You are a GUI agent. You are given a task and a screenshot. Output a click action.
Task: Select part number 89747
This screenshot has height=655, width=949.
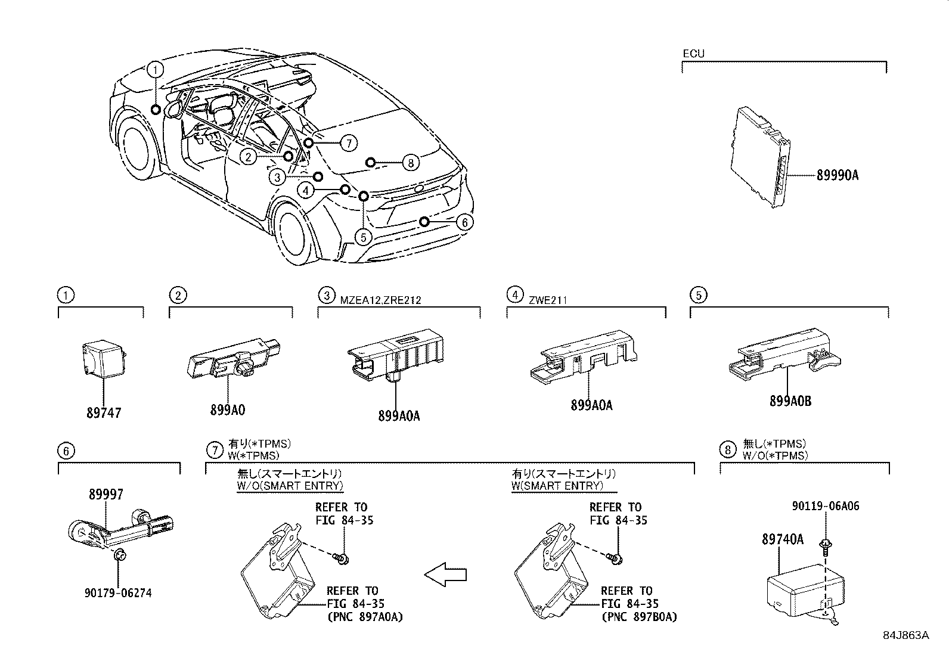click(x=104, y=412)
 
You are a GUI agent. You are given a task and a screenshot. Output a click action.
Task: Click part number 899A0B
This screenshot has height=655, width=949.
click(x=790, y=401)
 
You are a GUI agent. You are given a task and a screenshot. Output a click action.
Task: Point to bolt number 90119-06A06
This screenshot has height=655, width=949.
click(x=826, y=507)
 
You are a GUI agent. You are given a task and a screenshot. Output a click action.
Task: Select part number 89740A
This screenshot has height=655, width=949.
click(x=782, y=539)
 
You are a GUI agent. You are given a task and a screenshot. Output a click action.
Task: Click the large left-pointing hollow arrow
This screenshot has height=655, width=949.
click(x=445, y=575)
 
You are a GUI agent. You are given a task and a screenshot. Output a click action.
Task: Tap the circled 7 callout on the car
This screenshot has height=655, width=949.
click(x=349, y=143)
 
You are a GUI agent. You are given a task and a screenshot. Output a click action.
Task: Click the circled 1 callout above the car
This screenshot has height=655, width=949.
click(x=155, y=70)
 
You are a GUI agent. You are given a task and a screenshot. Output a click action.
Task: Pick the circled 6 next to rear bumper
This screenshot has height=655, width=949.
click(x=464, y=222)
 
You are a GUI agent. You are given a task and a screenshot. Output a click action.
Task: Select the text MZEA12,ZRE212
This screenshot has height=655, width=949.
click(x=381, y=300)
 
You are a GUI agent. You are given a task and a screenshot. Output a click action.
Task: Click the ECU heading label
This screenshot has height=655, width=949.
click(x=693, y=54)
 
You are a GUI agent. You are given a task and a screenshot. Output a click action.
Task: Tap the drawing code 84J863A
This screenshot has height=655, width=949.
click(x=906, y=635)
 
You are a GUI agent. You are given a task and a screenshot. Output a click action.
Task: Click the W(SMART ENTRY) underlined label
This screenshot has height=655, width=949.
click(x=557, y=486)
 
